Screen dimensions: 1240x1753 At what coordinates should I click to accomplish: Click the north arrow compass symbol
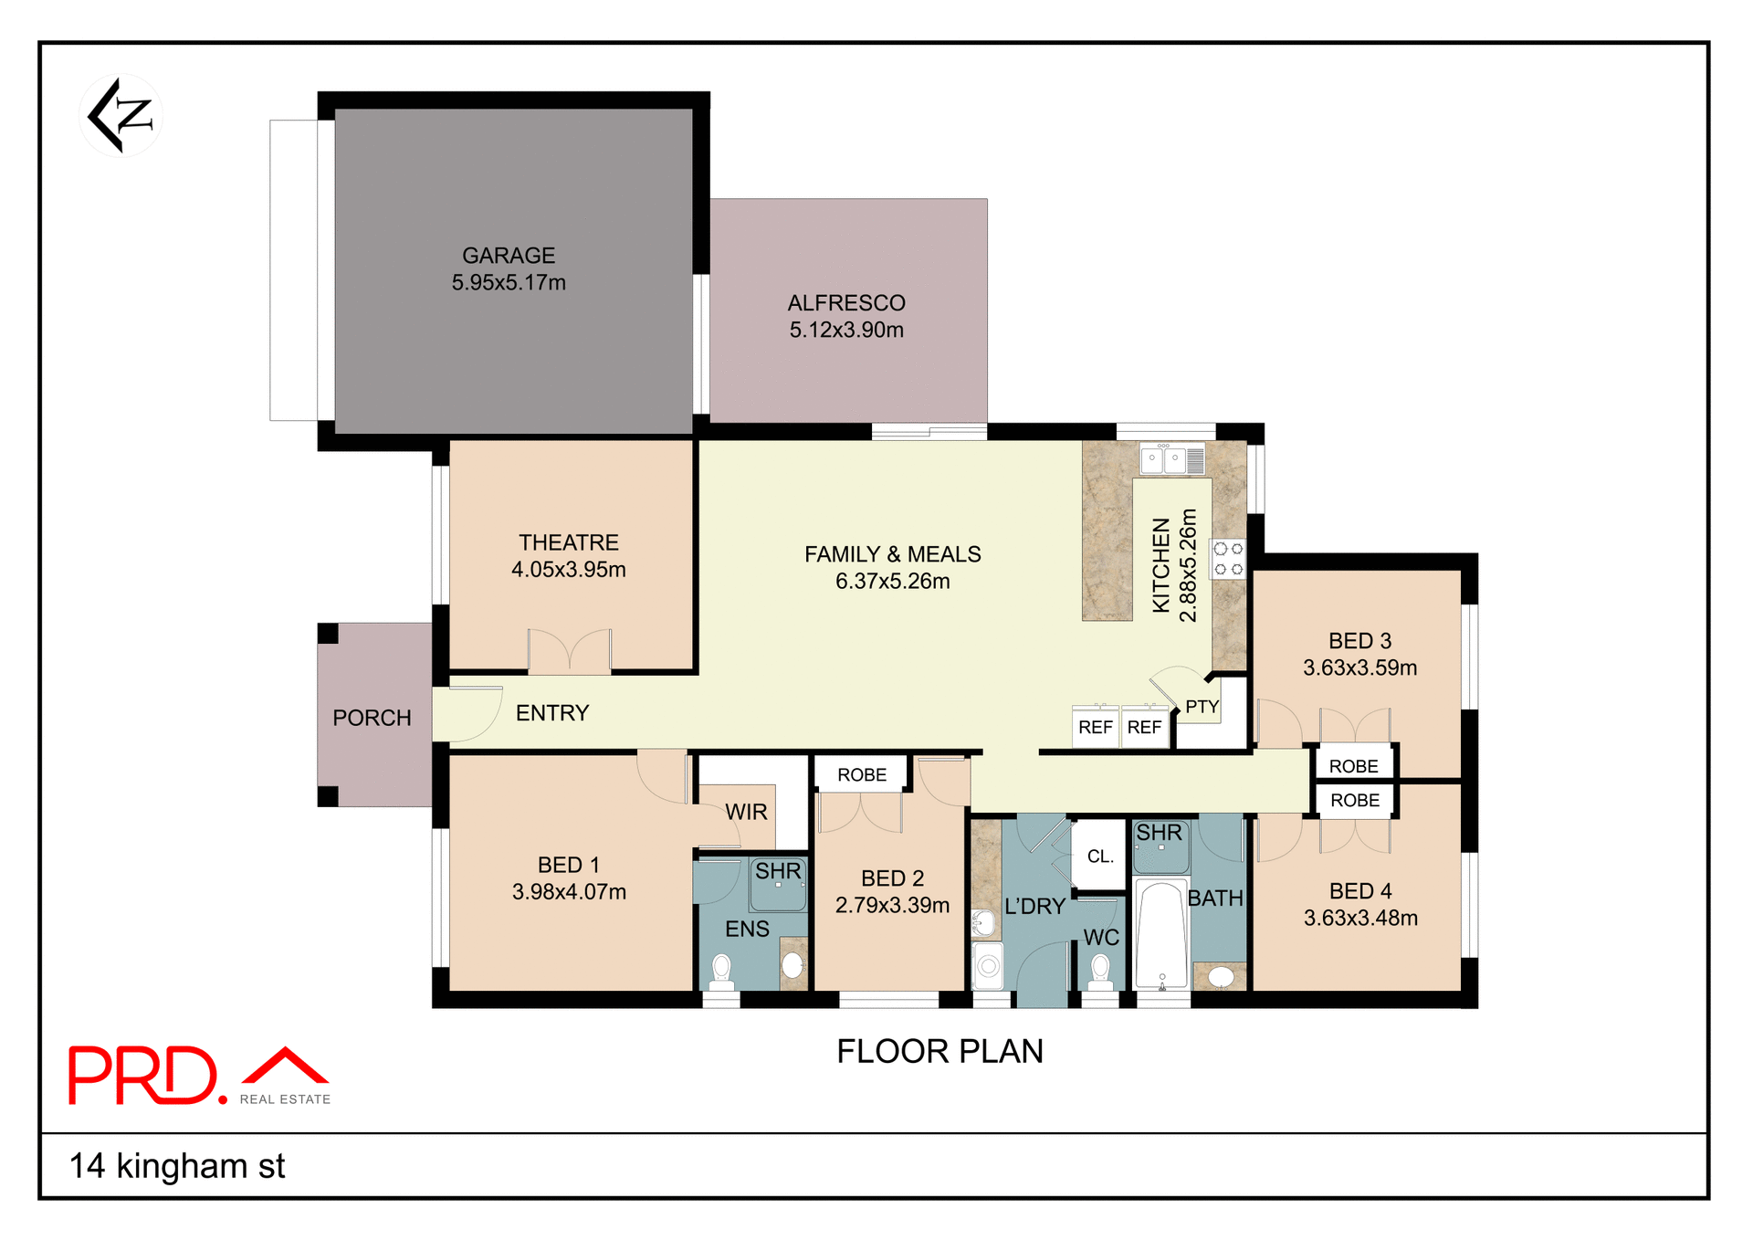(x=121, y=116)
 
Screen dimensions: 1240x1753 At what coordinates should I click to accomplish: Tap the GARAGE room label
(x=509, y=256)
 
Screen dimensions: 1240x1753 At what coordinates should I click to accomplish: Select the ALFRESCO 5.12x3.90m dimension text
(x=846, y=330)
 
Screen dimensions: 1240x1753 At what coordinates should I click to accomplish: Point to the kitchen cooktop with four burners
(x=1228, y=559)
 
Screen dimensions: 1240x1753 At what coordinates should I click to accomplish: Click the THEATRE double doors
(x=570, y=652)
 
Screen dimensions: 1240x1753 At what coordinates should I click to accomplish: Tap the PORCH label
(x=372, y=718)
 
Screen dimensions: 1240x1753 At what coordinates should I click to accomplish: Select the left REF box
(x=1095, y=727)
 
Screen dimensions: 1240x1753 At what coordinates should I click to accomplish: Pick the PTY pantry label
(x=1202, y=707)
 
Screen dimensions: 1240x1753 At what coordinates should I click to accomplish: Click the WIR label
(x=746, y=812)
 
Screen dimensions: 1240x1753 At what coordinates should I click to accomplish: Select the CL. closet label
(x=1100, y=856)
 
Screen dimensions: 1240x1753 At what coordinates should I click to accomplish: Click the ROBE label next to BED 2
(x=861, y=775)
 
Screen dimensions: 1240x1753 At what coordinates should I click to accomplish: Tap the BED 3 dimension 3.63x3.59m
(x=1359, y=667)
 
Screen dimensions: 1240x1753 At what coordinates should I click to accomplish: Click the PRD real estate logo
(x=199, y=1076)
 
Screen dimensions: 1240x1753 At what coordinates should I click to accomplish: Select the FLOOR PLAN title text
(x=939, y=1051)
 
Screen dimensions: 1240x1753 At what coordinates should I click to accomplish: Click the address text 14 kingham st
(x=177, y=1166)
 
